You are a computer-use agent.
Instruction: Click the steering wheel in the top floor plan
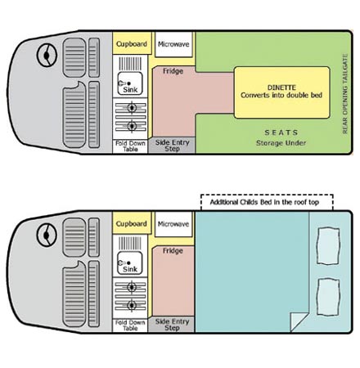coord(47,55)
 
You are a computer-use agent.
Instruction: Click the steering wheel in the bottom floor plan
coord(47,235)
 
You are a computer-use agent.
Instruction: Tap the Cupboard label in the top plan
coord(132,44)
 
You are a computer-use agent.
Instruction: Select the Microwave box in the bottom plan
coord(173,224)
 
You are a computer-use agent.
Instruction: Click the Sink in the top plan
coord(130,83)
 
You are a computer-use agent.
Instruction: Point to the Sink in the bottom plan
coord(130,263)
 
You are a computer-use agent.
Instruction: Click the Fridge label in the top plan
coord(173,71)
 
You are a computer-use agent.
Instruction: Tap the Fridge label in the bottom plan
coord(173,251)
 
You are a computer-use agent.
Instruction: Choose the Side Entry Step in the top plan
coord(172,146)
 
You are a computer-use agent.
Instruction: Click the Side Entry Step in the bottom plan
coord(172,325)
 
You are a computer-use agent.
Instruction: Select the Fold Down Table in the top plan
coord(130,146)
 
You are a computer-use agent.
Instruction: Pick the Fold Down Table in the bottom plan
coord(130,325)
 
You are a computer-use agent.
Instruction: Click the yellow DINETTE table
coord(282,92)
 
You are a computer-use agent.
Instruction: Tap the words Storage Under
coord(281,143)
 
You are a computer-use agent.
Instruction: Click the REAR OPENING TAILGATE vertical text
coord(345,93)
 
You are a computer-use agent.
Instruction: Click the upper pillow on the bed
coord(328,246)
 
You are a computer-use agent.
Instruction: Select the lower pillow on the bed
coord(328,297)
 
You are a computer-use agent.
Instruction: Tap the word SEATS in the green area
coord(281,132)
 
